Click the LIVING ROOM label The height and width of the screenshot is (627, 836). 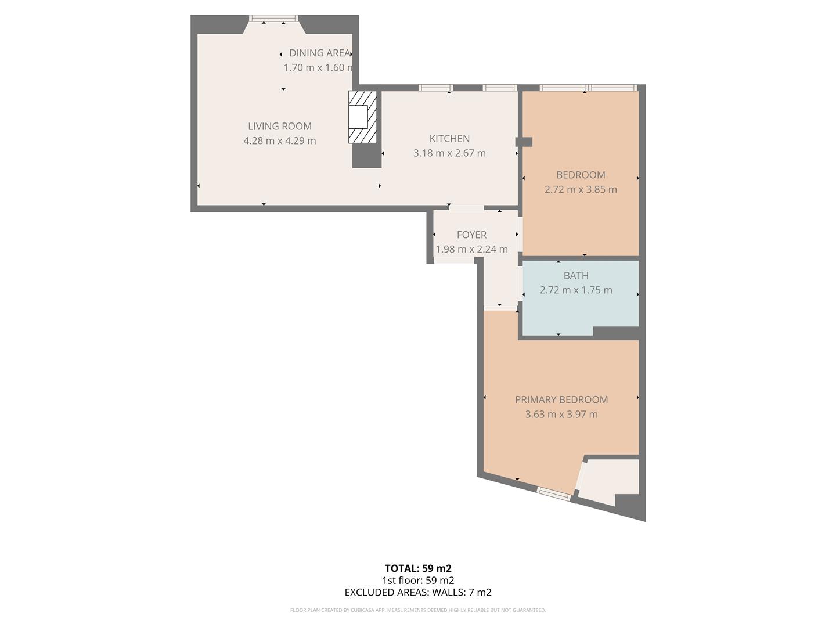[x=279, y=126]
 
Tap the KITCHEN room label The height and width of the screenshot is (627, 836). [x=449, y=138]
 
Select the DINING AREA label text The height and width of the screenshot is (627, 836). [x=319, y=53]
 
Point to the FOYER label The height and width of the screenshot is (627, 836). [x=471, y=235]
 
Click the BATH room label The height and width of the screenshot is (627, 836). [x=575, y=275]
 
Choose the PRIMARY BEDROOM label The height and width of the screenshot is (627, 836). [x=561, y=399]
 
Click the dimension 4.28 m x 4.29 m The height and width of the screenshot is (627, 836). [x=279, y=140]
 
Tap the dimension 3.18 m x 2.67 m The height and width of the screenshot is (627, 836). [x=449, y=153]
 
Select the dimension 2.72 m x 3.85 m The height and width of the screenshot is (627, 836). [x=581, y=189]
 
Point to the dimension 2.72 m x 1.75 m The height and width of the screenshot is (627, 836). [x=575, y=290]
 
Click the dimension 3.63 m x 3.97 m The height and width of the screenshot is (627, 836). [x=561, y=414]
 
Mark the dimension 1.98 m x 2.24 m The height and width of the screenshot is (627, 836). [x=471, y=249]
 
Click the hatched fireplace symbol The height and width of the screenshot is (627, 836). [x=362, y=117]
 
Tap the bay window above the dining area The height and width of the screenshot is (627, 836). [x=273, y=19]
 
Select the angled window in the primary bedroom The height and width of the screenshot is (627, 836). [x=553, y=493]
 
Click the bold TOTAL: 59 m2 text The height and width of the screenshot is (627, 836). [x=417, y=568]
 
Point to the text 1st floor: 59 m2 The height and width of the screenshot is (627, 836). [x=417, y=581]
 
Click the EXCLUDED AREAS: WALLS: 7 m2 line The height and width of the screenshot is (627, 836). [x=417, y=592]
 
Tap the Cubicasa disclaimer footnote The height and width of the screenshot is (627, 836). [x=417, y=610]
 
